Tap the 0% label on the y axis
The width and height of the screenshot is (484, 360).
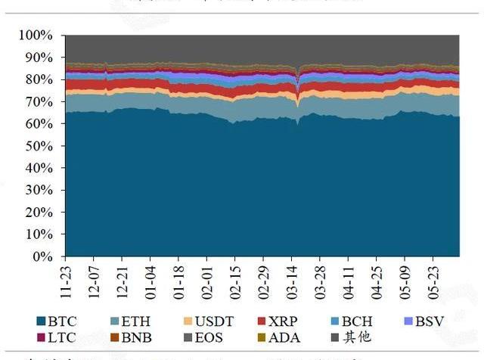42,256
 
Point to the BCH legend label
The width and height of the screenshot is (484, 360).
356,322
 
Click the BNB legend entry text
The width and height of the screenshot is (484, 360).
136,337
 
